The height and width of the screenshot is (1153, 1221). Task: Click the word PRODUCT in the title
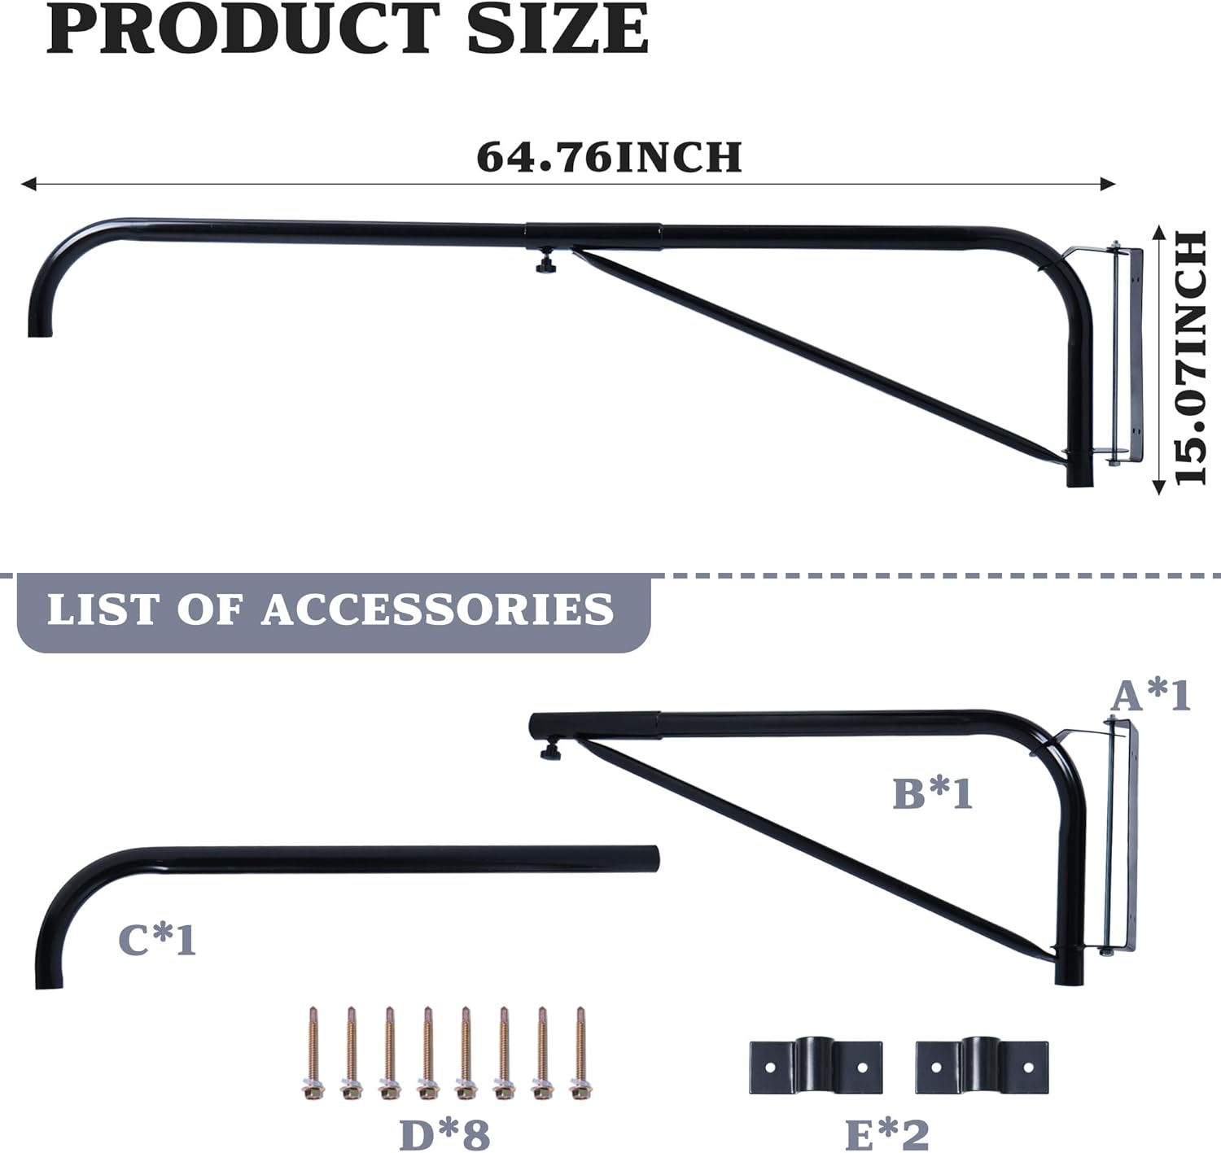243,28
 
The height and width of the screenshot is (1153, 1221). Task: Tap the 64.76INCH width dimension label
609,157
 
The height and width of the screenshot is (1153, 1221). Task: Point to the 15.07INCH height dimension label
1191,358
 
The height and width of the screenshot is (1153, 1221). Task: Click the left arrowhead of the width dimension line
28,184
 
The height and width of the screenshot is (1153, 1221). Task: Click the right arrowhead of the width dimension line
1107,184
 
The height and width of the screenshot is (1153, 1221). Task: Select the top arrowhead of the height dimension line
1159,233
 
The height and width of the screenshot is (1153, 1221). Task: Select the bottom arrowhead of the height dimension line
1159,487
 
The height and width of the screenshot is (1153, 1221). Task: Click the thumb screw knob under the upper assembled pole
545,264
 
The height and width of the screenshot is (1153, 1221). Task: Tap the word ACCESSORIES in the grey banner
438,609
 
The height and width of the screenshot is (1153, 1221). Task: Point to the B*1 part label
933,793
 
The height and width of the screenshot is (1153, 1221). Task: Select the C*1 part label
157,940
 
